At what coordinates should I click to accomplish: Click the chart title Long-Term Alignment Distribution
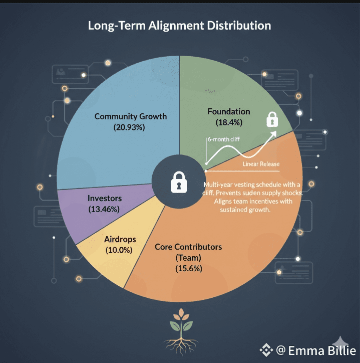coord(179,26)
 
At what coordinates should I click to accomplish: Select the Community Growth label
coord(131,116)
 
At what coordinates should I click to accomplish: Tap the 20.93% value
coord(130,127)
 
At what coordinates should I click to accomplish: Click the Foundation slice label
coord(229,111)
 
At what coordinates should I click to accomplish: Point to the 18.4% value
coord(229,122)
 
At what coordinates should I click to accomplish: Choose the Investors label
coord(105,198)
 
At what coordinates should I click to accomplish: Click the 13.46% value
coord(104,209)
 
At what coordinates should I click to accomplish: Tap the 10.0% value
coord(119,249)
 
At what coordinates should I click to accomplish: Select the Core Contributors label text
coord(188,247)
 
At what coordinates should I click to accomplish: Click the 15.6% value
coord(188,268)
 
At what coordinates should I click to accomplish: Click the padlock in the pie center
coord(179,181)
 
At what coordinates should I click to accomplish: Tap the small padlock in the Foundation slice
coord(272,119)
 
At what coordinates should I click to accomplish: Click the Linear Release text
coord(261,164)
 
